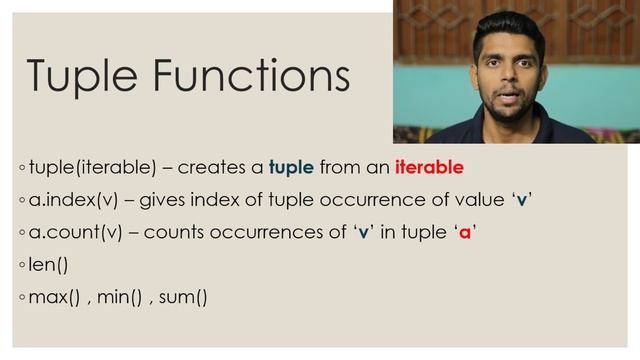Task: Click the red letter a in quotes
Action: point(464,233)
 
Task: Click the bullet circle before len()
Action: point(22,266)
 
